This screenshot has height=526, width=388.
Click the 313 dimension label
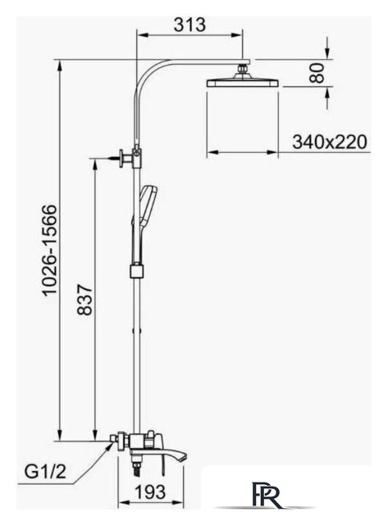189,25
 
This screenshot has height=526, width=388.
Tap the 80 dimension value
317,73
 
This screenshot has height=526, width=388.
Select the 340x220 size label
330,142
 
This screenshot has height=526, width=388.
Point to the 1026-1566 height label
50,250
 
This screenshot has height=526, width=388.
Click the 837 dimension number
84,299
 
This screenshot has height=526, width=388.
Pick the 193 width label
150,492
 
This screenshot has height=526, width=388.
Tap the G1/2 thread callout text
46,473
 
